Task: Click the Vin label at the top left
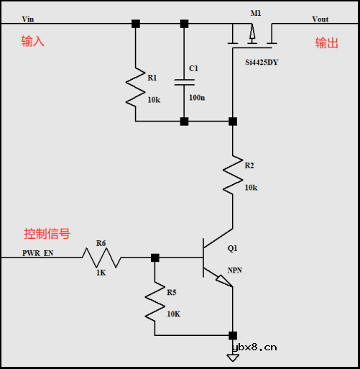point(28,19)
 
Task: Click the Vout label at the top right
point(320,19)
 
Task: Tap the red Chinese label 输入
point(32,42)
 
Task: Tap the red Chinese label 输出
point(326,43)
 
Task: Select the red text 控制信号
point(47,234)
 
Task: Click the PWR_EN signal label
point(37,253)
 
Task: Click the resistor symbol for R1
point(135,86)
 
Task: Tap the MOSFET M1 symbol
point(251,36)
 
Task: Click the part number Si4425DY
point(262,63)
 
